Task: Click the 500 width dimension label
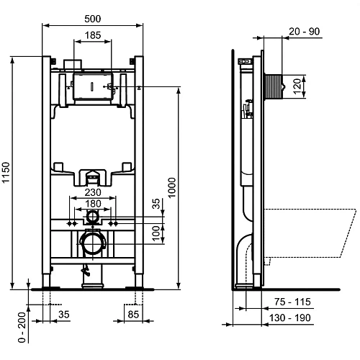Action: [x=93, y=19]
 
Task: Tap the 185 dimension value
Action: [x=93, y=35]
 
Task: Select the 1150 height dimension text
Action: [x=6, y=173]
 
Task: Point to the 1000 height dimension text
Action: [x=172, y=188]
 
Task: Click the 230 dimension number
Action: [x=93, y=192]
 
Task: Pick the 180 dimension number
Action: [x=93, y=204]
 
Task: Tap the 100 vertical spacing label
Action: [x=156, y=233]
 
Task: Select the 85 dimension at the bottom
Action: [x=133, y=314]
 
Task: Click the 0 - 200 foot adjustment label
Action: [x=22, y=327]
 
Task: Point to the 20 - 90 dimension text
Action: [x=305, y=31]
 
